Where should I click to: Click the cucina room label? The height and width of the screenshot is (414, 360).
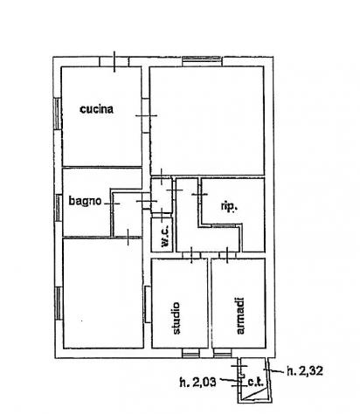tap(96, 109)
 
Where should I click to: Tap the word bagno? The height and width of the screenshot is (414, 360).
tap(85, 201)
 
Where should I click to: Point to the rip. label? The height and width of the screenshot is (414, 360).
tap(229, 206)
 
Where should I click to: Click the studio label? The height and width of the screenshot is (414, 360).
tap(176, 318)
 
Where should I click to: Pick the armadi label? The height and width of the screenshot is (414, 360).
tap(240, 315)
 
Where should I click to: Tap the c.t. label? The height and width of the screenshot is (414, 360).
tap(255, 382)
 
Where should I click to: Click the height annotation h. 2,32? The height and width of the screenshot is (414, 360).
tap(305, 371)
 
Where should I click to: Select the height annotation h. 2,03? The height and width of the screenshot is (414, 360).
tap(198, 382)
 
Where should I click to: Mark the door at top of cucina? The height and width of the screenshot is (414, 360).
tap(114, 61)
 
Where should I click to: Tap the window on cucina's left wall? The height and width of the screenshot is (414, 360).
tap(58, 114)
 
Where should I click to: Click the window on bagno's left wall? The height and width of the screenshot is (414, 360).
tap(59, 208)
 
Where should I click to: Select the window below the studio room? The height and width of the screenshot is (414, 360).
tap(191, 353)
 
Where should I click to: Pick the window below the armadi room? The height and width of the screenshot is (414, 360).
tap(223, 353)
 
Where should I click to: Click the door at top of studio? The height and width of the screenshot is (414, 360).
tap(191, 255)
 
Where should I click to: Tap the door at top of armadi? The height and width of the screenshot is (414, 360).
tap(227, 255)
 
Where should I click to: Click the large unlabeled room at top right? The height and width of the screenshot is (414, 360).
tap(207, 121)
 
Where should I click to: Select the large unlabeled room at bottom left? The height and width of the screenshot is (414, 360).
tap(103, 293)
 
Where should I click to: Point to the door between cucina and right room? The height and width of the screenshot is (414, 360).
tap(146, 115)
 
